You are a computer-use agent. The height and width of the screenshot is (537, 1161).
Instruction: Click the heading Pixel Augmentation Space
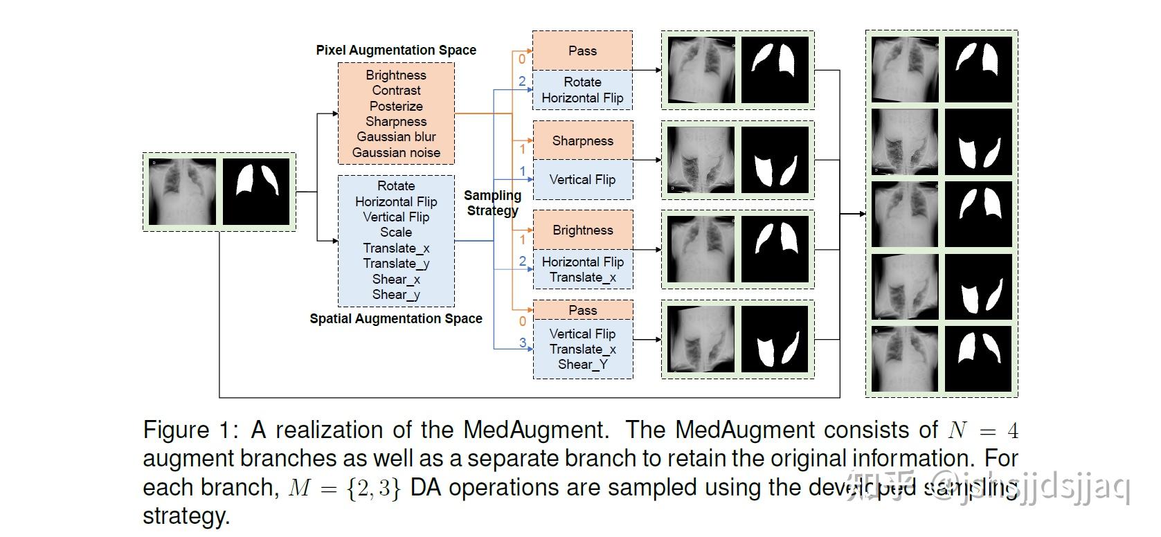click(x=396, y=50)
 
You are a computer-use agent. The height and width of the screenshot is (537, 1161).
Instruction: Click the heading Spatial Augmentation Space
click(x=396, y=318)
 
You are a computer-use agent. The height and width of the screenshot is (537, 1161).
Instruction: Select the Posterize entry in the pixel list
click(x=396, y=106)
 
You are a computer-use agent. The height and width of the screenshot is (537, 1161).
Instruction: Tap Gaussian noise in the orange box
click(x=396, y=152)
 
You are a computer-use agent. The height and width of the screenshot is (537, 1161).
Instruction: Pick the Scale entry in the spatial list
click(x=396, y=233)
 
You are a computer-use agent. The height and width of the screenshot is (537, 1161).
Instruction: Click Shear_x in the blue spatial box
click(x=396, y=279)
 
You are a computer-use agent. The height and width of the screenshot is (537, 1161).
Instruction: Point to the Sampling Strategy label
click(x=492, y=203)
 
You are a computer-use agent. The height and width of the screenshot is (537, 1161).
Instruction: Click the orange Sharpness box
click(x=582, y=140)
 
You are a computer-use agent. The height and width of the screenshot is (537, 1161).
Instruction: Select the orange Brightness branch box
click(x=582, y=230)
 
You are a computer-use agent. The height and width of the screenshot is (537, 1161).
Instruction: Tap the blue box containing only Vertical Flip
click(x=582, y=180)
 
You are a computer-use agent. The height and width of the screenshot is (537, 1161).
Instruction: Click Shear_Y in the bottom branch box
click(x=582, y=365)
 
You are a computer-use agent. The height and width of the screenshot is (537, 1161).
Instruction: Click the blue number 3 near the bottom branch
click(x=523, y=342)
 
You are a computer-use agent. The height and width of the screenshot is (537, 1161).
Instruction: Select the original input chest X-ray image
click(x=183, y=192)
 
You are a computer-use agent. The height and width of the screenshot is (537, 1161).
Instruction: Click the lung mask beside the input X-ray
click(x=256, y=192)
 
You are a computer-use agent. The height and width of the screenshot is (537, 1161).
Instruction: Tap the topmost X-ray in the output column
click(x=905, y=69)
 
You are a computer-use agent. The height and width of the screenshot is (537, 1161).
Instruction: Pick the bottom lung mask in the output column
click(x=978, y=359)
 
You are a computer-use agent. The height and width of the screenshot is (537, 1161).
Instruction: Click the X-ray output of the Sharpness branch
click(x=700, y=160)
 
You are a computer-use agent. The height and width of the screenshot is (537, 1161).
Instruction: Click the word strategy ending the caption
click(x=186, y=516)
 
